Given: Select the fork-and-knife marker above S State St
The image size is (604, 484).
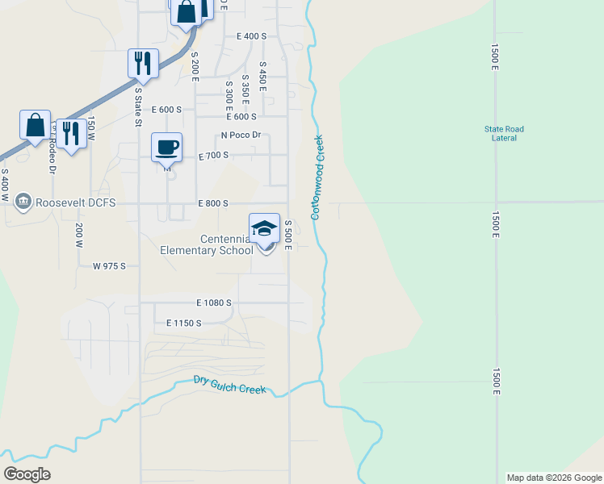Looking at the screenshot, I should coord(143,64).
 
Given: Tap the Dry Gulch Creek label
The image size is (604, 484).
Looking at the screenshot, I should coord(230,385).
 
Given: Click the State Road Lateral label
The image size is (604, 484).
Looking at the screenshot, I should coord(504,133).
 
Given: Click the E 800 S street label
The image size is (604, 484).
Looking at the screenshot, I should coord(213,203).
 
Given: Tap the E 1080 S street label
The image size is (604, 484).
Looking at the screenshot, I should coord(213,302).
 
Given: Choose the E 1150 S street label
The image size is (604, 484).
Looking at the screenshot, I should coord(183,323).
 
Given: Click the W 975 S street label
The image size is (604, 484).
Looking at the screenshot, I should coord(110,265).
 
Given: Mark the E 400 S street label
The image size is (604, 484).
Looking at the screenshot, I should coord(251,36).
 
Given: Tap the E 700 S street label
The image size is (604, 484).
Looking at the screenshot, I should coord(214,154).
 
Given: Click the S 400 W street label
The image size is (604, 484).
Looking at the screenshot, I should coord(5,186).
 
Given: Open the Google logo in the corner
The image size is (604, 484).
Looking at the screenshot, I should coord(27,474).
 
